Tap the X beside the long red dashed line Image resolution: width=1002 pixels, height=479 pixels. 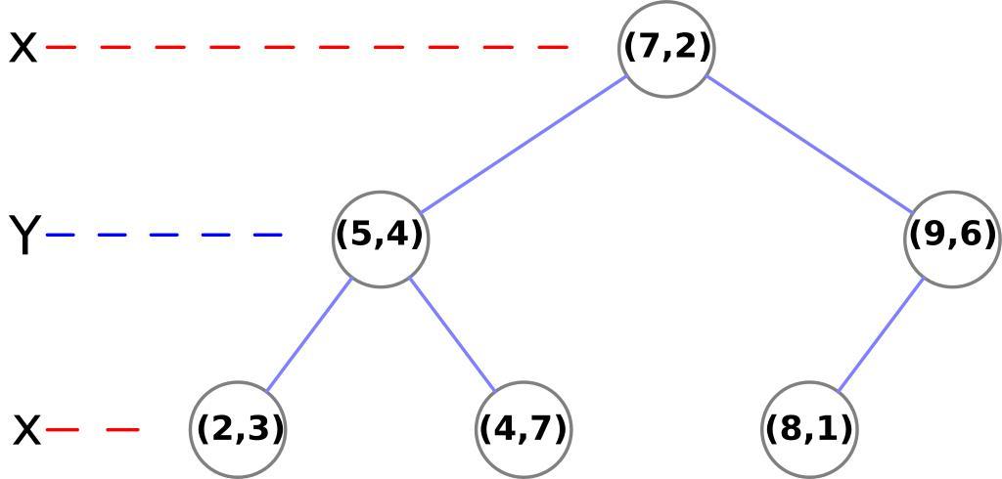point(23,47)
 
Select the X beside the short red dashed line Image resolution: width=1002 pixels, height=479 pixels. point(27,429)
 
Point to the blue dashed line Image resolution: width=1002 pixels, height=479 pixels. point(165,235)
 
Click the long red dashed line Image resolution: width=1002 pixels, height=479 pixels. point(307,46)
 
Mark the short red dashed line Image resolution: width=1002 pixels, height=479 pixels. point(94,428)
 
